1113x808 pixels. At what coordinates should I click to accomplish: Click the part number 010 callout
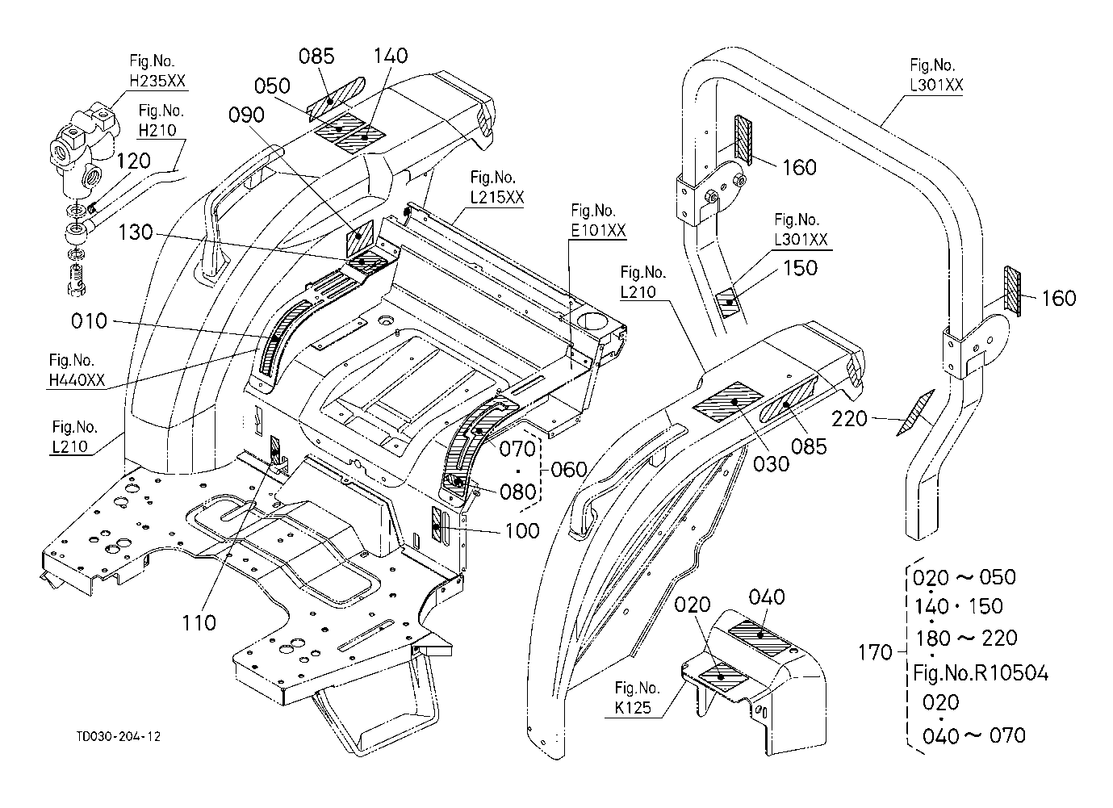(x=89, y=321)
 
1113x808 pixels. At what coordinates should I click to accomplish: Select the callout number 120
(x=133, y=161)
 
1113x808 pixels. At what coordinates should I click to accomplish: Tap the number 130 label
(x=136, y=232)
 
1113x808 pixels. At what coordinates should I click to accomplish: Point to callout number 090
(x=246, y=115)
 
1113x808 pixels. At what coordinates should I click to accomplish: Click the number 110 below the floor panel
(x=199, y=622)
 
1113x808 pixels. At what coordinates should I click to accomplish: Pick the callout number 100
(x=522, y=530)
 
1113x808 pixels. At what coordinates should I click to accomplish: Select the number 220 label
(x=850, y=418)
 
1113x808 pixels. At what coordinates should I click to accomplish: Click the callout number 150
(x=801, y=268)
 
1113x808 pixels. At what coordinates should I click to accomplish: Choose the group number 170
(x=875, y=652)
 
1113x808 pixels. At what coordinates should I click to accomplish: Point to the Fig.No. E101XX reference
(x=598, y=220)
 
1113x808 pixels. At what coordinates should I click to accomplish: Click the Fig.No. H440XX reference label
(x=77, y=371)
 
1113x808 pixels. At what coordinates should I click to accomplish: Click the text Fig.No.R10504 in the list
(x=981, y=672)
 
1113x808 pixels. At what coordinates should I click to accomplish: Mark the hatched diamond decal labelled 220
(x=915, y=413)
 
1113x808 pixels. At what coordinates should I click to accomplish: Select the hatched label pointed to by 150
(x=729, y=303)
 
